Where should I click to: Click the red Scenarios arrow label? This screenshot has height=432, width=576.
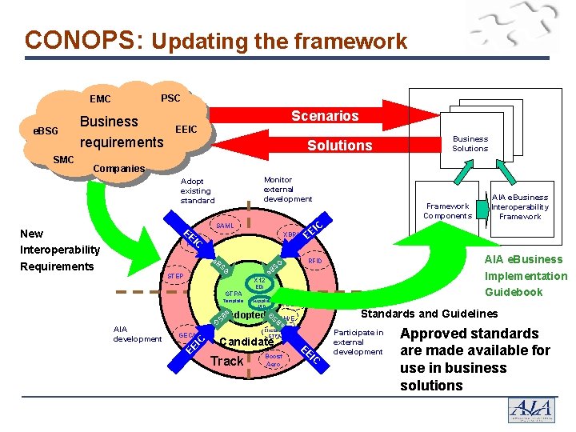(x=325, y=116)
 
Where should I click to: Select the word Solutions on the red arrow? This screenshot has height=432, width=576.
(x=340, y=145)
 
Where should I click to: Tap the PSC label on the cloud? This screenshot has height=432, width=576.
(x=170, y=98)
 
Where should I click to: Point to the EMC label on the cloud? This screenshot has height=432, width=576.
(x=101, y=100)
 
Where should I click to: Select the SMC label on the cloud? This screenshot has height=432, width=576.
(x=63, y=160)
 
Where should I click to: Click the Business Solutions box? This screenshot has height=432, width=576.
(x=470, y=143)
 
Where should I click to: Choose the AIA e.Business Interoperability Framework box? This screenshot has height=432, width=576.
(x=520, y=206)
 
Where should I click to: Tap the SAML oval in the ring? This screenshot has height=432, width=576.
(x=225, y=226)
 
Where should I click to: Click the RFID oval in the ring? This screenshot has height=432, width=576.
(x=314, y=261)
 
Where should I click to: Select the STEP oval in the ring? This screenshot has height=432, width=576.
(x=175, y=277)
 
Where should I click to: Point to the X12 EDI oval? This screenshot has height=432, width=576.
(x=259, y=283)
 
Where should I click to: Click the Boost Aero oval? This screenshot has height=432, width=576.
(x=274, y=360)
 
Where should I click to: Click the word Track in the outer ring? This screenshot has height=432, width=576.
(x=226, y=361)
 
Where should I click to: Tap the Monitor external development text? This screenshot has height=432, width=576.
(x=288, y=190)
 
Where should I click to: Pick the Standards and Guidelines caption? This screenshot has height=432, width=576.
(x=430, y=314)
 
